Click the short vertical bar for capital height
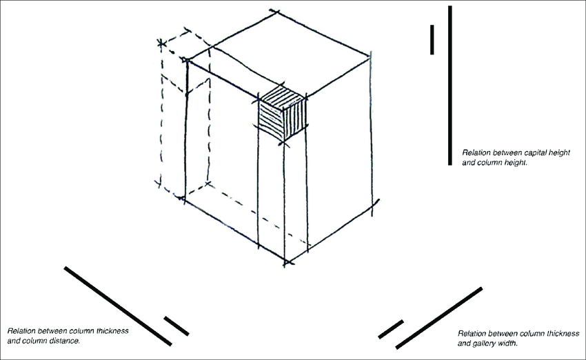pyautogui.click(x=432, y=39)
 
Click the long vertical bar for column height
pyautogui.click(x=450, y=86)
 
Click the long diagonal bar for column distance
pyautogui.click(x=118, y=306)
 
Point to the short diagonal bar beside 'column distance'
pyautogui.click(x=176, y=326)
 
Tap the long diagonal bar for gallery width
pyautogui.click(x=438, y=318)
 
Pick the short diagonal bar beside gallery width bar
pyautogui.click(x=391, y=330)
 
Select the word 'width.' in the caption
pyautogui.click(x=508, y=343)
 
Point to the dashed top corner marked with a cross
pyautogui.click(x=161, y=43)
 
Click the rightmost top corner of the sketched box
pyautogui.click(x=370, y=57)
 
